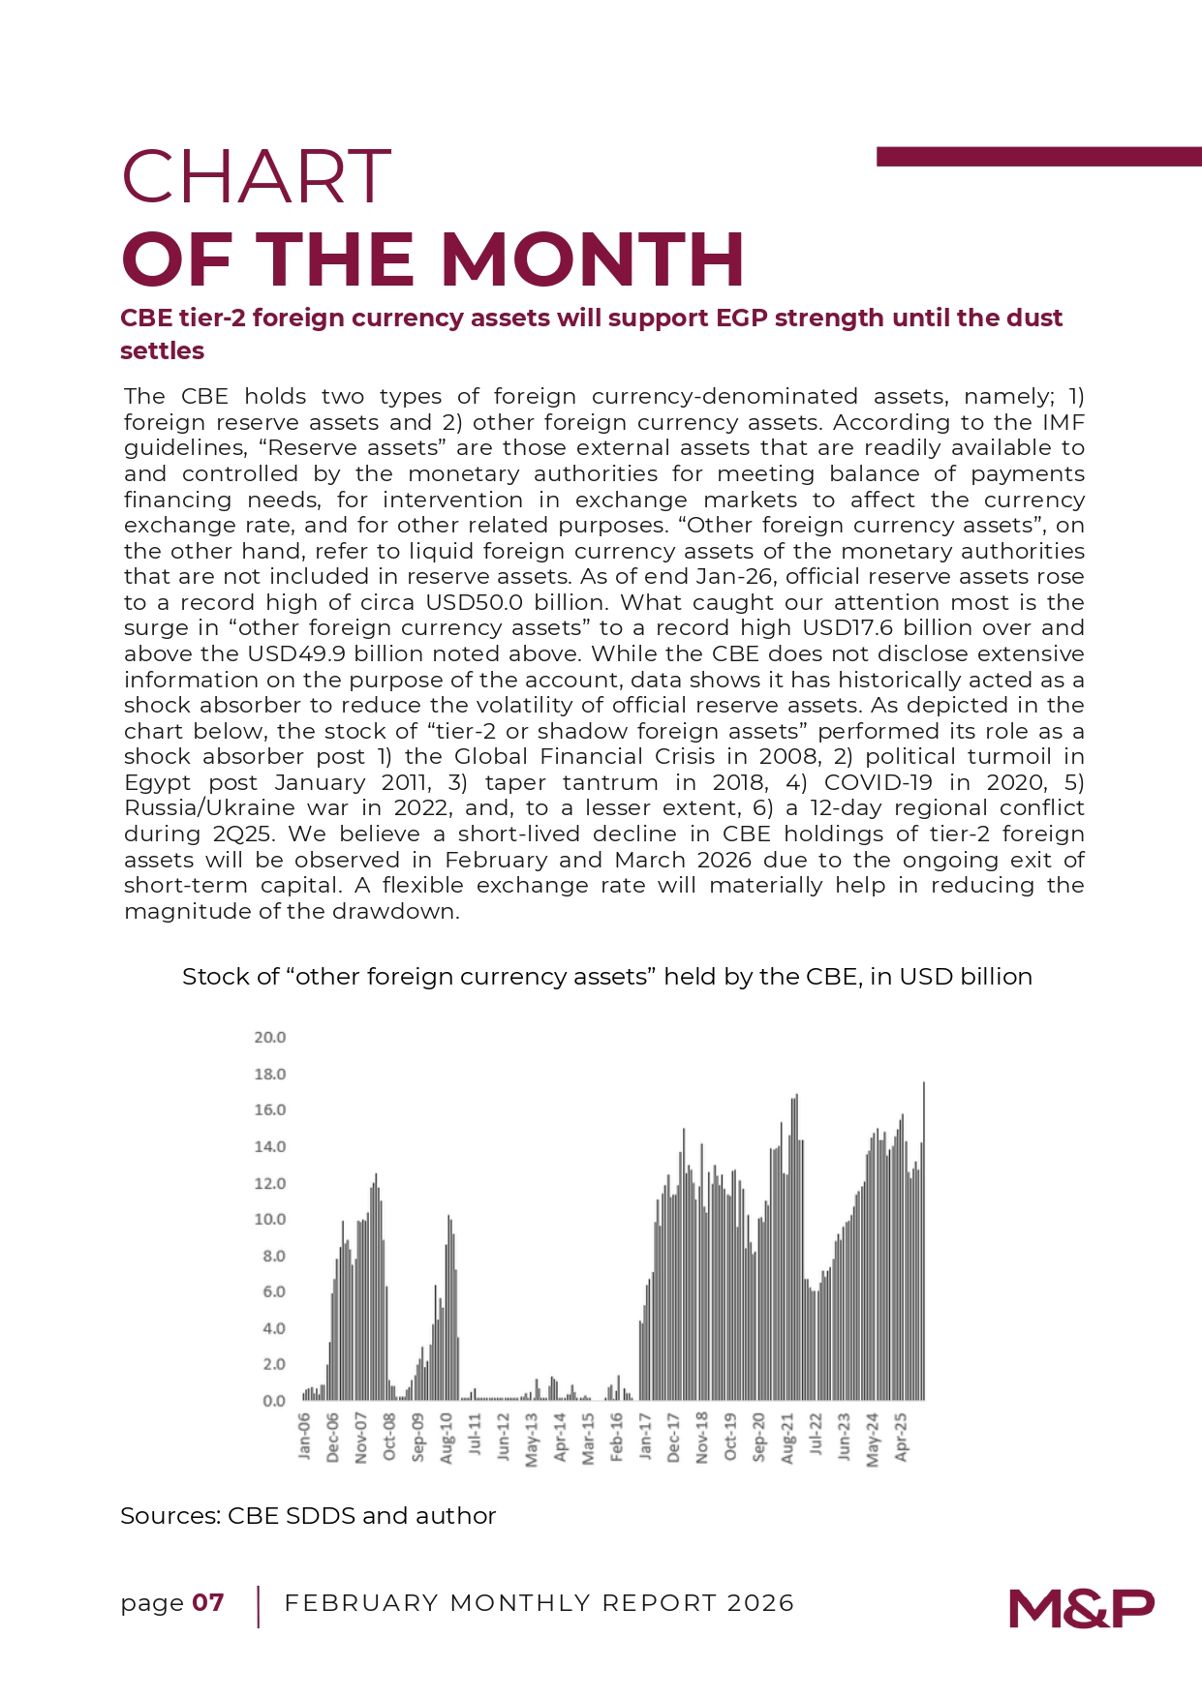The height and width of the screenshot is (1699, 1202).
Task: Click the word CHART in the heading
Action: click(256, 177)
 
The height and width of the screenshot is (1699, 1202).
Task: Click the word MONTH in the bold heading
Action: click(592, 259)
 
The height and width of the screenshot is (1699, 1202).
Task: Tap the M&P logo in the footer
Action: click(1081, 1608)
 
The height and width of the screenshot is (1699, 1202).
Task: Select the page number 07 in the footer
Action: click(208, 1603)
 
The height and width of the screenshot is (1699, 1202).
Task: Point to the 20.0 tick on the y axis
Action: click(270, 1037)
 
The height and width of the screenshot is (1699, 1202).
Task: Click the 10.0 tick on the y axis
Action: click(270, 1219)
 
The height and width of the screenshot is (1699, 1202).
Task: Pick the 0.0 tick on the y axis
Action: click(274, 1401)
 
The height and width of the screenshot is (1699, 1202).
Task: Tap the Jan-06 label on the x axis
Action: click(305, 1436)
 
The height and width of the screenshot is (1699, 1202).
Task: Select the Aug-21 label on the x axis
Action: click(787, 1438)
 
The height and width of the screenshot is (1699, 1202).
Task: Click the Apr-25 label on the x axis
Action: click(901, 1437)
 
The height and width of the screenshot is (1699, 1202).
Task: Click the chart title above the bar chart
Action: click(607, 976)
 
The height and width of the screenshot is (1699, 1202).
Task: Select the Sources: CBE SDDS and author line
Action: click(308, 1516)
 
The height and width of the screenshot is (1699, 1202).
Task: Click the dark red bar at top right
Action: click(1038, 157)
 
